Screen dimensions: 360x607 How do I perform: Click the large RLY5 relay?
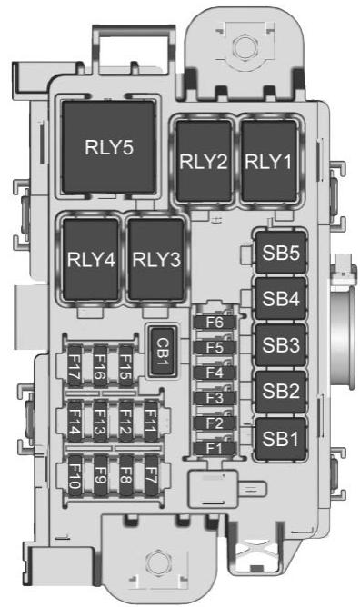coord(109,146)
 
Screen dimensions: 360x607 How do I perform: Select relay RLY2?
coord(204,161)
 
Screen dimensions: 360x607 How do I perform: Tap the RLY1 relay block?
coord(269,161)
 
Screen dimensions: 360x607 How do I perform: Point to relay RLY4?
coord(91,259)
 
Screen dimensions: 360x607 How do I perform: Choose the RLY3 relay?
coord(156,259)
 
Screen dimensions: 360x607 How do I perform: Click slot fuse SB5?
coord(281,253)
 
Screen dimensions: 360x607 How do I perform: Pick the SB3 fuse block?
coord(281,345)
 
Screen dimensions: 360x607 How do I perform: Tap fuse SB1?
coord(281,439)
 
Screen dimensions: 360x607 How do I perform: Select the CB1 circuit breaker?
coord(163,352)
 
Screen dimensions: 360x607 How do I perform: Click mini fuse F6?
coord(215,323)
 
